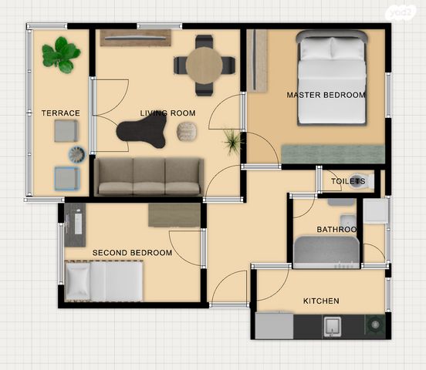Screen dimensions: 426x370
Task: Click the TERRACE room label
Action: click(x=61, y=113)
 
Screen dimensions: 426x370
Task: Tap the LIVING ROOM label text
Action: click(x=167, y=113)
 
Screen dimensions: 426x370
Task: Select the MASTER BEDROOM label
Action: click(x=326, y=95)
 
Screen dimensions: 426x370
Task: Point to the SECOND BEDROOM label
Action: click(x=132, y=253)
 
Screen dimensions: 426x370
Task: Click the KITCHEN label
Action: click(x=321, y=301)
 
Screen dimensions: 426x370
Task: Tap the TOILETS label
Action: click(x=348, y=181)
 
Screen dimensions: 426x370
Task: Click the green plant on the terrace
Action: click(x=61, y=55)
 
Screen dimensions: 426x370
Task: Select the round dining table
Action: click(x=205, y=66)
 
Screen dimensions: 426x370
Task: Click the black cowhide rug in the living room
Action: click(x=141, y=133)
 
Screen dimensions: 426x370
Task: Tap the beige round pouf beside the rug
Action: click(x=187, y=132)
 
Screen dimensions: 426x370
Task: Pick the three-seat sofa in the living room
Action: click(x=149, y=177)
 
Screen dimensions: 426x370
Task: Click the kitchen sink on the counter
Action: click(x=333, y=327)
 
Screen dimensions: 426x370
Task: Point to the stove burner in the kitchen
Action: click(x=376, y=325)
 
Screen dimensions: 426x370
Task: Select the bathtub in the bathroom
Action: click(x=326, y=252)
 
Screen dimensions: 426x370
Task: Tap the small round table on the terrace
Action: click(x=77, y=154)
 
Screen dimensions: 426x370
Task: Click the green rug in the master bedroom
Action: click(x=333, y=154)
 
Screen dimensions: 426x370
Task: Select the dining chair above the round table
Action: click(x=204, y=42)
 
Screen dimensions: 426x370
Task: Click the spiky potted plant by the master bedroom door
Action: click(x=232, y=141)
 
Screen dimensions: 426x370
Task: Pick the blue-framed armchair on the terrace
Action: click(x=67, y=178)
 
